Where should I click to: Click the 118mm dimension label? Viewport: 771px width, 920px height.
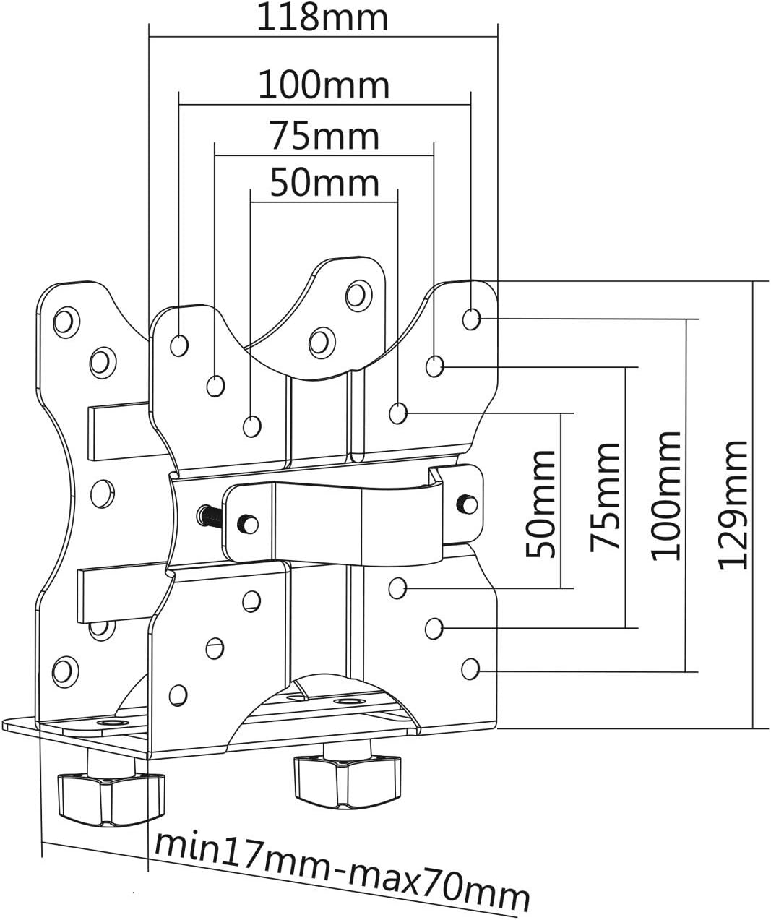point(323,17)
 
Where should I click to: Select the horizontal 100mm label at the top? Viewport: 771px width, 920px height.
point(324,85)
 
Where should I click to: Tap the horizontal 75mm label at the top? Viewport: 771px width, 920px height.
point(324,135)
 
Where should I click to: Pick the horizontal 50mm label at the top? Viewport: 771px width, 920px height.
point(324,183)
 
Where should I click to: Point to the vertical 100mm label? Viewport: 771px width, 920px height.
point(666,495)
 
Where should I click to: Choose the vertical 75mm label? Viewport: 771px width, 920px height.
point(605,496)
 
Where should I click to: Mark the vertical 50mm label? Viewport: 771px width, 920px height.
point(541,503)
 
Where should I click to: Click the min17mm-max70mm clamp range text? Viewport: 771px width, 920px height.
point(341,869)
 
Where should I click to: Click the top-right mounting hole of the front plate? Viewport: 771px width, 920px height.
point(470,318)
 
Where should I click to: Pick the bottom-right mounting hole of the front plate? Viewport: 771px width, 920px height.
point(470,668)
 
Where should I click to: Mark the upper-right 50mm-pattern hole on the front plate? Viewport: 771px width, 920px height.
point(397,413)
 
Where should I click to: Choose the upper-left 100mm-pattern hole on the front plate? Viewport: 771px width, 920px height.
point(179,345)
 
